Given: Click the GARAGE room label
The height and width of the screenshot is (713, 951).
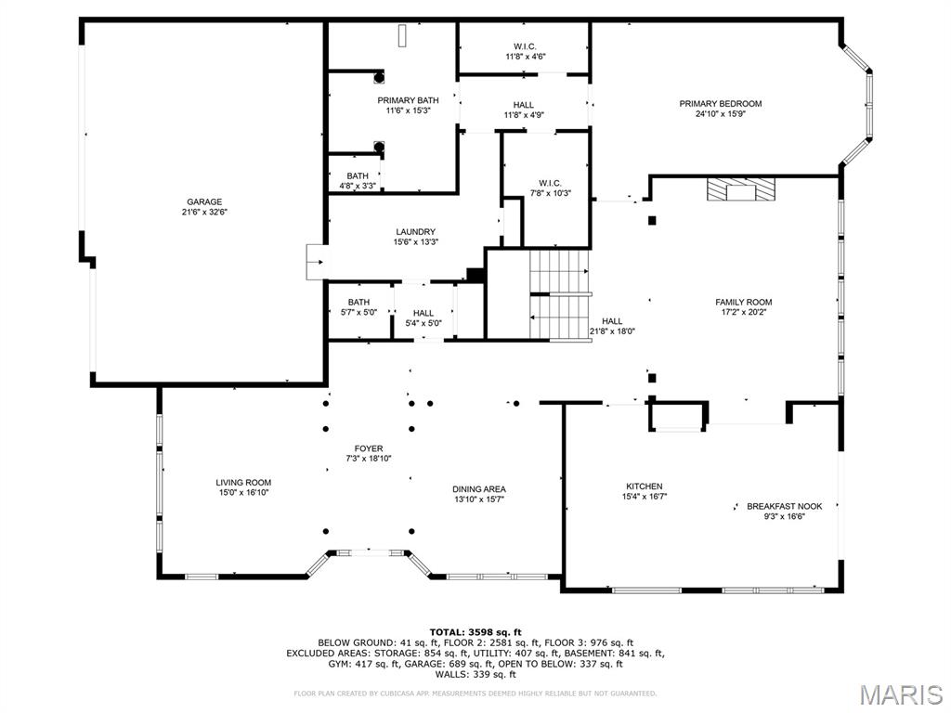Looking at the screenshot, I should tap(204, 201).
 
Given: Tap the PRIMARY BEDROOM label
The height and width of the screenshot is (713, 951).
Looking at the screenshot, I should tap(720, 103).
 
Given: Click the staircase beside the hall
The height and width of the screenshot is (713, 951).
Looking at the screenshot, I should tap(560, 294).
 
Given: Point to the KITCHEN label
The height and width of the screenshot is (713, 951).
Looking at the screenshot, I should tap(644, 486).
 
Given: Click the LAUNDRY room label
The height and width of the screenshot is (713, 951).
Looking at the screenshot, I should tap(415, 232).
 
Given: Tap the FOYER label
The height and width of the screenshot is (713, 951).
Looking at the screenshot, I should tap(369, 448).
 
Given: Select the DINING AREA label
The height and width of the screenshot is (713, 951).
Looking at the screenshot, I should tap(478, 489).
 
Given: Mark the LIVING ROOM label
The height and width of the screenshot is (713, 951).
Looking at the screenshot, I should tap(243, 482).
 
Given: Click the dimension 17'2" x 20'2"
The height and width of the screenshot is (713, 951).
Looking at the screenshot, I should tap(743, 313).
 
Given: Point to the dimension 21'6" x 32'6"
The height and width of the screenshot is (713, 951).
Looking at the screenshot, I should tap(204, 213).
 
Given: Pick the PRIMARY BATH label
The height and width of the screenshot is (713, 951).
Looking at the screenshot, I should tap(408, 100).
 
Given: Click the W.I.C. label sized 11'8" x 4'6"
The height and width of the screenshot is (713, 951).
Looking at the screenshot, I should tap(525, 46).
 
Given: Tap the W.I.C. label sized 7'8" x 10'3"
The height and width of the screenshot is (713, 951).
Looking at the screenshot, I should tap(550, 182).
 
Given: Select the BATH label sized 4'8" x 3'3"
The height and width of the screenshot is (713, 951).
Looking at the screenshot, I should tap(358, 175).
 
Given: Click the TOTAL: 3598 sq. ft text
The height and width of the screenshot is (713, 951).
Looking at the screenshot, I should tap(475, 631).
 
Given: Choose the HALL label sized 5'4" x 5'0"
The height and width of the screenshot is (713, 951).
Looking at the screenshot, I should tap(423, 313).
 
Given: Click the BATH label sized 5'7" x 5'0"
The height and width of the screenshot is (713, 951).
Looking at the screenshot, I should tap(358, 302).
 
